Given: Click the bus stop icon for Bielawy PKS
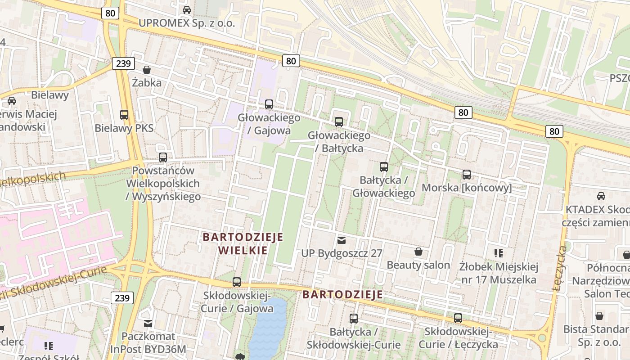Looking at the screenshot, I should pyautogui.click(x=124, y=115).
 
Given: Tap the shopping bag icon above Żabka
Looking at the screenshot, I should pyautogui.click(x=147, y=70).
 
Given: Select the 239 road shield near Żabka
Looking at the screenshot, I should pyautogui.click(x=123, y=63).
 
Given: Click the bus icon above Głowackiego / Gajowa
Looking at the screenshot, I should pyautogui.click(x=269, y=104).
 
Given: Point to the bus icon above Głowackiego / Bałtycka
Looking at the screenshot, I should pyautogui.click(x=339, y=121).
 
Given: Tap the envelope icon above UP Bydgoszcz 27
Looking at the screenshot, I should pyautogui.click(x=342, y=240).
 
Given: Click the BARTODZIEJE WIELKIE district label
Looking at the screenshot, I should pyautogui.click(x=243, y=243).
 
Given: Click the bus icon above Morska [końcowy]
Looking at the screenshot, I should pyautogui.click(x=467, y=174).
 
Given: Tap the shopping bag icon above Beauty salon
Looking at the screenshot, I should pyautogui.click(x=418, y=252).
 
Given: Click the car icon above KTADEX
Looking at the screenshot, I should pyautogui.click(x=601, y=196).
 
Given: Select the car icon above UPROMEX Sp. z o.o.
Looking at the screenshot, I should pyautogui.click(x=187, y=9).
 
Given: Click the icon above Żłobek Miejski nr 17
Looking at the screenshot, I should pyautogui.click(x=498, y=253).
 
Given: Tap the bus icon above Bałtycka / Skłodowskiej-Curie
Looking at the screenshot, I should pyautogui.click(x=354, y=319).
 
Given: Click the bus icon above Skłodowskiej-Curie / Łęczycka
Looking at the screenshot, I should pyautogui.click(x=458, y=318).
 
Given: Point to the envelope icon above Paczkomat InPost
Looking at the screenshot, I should pyautogui.click(x=148, y=323).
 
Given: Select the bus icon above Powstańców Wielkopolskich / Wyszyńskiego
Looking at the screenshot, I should pyautogui.click(x=163, y=157).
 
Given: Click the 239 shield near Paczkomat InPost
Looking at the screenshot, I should pyautogui.click(x=122, y=298).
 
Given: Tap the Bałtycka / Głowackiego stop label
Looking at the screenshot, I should pyautogui.click(x=383, y=187).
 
